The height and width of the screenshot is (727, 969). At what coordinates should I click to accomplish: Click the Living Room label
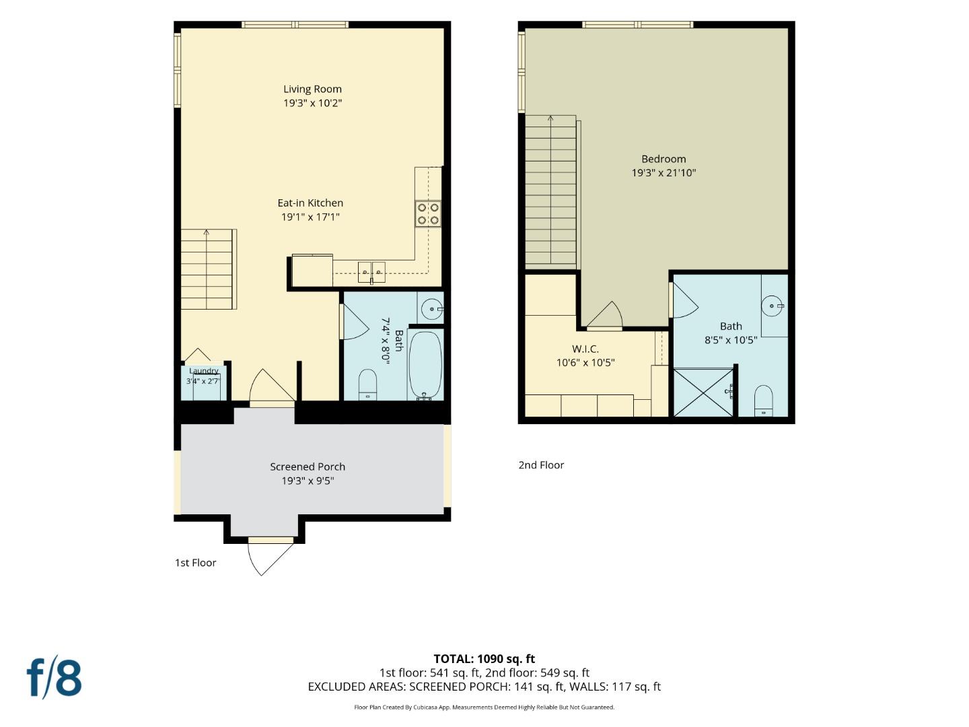(x=312, y=89)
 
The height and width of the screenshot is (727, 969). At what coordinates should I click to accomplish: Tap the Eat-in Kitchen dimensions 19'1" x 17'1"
(x=310, y=217)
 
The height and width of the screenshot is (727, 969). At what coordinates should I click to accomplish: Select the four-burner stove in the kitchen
(x=428, y=213)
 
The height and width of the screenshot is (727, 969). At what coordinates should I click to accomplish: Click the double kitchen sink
(x=371, y=272)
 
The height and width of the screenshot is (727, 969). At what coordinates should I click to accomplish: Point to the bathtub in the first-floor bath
(x=425, y=366)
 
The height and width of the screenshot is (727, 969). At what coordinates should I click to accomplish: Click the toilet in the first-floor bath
(x=367, y=384)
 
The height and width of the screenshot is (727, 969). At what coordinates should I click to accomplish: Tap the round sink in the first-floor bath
(x=431, y=309)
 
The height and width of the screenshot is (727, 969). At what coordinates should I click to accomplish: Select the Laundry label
(x=203, y=371)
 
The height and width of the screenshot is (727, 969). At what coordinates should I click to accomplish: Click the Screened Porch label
(x=308, y=466)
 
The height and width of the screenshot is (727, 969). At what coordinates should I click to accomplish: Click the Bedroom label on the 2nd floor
(x=663, y=159)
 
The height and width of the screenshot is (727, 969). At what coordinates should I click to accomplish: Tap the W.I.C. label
(x=585, y=349)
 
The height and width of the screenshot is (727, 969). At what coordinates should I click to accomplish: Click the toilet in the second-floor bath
(x=763, y=401)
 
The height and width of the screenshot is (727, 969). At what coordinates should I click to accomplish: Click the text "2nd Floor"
(x=541, y=464)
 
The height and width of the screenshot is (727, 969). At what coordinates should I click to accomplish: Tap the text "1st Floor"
(x=195, y=563)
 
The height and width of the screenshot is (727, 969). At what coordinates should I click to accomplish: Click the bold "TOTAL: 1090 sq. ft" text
(x=485, y=659)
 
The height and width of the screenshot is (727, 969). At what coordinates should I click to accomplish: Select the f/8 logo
(x=55, y=679)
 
